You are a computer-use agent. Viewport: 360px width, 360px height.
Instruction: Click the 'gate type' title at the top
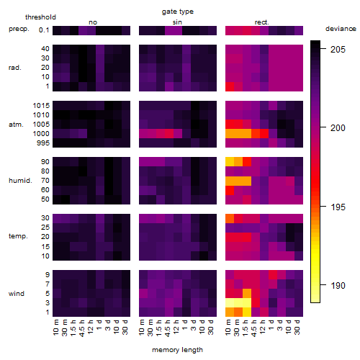(178, 12)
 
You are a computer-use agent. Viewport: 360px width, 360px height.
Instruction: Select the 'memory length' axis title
(177, 350)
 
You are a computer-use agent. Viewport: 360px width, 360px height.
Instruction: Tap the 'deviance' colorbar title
(341, 29)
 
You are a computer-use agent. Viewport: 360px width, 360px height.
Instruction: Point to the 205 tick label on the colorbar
(338, 50)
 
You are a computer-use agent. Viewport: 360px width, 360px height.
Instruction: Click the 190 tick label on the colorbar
(338, 286)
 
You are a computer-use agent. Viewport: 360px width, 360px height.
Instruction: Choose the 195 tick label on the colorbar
(338, 207)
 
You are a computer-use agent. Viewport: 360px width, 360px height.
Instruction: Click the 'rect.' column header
(262, 22)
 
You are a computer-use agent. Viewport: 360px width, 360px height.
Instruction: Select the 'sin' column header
(177, 22)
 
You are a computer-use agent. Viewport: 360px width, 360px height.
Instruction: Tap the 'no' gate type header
(93, 22)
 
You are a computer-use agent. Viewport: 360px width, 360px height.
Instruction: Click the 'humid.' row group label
(20, 181)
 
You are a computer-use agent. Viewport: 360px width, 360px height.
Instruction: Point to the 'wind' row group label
(17, 294)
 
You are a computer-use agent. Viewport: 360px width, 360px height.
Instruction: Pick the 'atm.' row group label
(16, 125)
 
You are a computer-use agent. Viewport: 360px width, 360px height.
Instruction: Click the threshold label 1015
(41, 106)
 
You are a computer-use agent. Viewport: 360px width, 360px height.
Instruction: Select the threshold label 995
(43, 143)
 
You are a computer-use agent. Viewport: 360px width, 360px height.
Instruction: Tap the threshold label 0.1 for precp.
(44, 30)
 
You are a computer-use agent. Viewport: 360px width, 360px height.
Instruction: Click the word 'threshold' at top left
(40, 17)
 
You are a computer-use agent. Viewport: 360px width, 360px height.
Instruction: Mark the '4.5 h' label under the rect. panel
(253, 328)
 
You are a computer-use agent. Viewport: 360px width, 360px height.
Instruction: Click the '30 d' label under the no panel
(125, 327)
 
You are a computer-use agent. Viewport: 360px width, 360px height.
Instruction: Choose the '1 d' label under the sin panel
(184, 325)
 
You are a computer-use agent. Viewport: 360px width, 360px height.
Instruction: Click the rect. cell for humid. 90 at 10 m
(230, 162)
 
